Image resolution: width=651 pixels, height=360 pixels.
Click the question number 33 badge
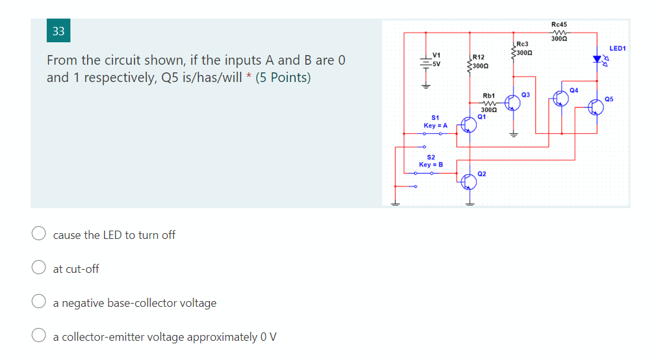pos(58,31)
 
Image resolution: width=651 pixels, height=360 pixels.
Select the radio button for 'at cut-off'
pos(39,268)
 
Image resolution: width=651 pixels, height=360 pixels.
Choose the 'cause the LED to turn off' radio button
pos(39,234)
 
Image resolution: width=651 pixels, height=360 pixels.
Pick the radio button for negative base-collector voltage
pos(39,302)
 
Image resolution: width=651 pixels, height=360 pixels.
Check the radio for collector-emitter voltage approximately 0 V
pos(39,336)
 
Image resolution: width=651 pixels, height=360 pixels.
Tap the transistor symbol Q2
pos(469,181)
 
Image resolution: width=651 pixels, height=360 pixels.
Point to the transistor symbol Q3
pos(512,102)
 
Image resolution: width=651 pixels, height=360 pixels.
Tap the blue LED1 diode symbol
pos(597,60)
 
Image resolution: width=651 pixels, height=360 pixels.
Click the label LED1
pos(618,48)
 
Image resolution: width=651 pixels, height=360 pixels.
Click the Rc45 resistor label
pos(559,24)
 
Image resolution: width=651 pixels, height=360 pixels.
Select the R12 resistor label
pos(479,58)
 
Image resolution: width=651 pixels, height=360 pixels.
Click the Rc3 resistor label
pos(522,44)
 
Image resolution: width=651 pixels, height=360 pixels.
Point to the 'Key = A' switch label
pos(435,126)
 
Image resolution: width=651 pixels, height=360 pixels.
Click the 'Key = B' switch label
pos(431,165)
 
